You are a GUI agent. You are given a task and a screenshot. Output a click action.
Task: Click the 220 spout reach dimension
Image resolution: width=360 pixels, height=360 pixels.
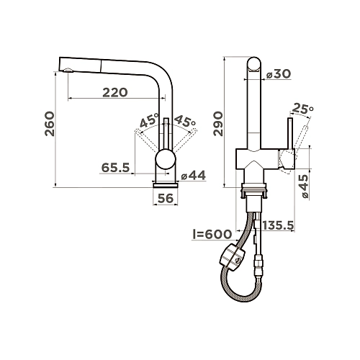pyautogui.click(x=115, y=92)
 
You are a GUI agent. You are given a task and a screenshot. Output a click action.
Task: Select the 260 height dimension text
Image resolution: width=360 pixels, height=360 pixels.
pyautogui.click(x=50, y=124)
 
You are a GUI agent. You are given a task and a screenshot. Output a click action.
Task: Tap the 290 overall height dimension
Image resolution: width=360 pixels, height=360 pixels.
pyautogui.click(x=218, y=124)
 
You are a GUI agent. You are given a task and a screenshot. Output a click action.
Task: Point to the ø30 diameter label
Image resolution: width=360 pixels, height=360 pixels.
pyautogui.click(x=279, y=73)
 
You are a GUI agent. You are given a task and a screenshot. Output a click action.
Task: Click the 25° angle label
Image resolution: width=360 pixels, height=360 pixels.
pyautogui.click(x=302, y=109)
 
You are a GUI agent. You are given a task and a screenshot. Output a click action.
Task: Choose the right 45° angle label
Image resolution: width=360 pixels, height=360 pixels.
pyautogui.click(x=185, y=121)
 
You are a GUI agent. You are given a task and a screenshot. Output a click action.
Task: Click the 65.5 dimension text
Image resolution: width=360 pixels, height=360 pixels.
pyautogui.click(x=116, y=167)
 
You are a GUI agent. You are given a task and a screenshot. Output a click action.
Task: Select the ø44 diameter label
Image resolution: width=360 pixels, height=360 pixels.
pyautogui.click(x=194, y=176)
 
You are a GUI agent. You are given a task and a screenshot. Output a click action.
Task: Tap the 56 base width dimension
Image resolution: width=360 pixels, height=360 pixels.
pyautogui.click(x=166, y=198)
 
